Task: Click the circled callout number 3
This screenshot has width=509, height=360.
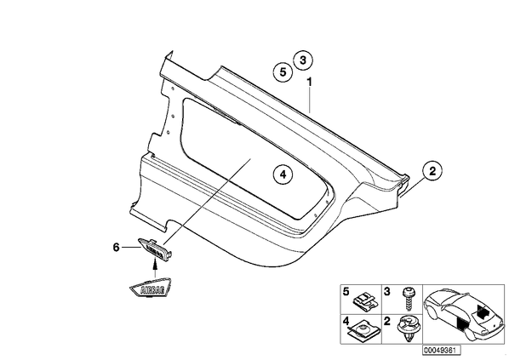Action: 302,60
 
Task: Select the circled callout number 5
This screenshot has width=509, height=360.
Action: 283,72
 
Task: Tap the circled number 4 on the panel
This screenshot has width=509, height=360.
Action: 283,174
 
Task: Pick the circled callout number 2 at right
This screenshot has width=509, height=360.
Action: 432,171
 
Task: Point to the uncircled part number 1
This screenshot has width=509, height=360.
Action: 309,82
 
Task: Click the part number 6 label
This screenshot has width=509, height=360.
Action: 117,248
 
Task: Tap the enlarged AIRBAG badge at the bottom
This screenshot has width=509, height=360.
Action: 151,288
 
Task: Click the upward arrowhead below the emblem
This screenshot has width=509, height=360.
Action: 155,265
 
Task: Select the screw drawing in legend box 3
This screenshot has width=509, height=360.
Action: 407,299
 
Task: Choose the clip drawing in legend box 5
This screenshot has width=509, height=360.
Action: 365,301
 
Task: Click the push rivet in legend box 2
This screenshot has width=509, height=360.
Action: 408,329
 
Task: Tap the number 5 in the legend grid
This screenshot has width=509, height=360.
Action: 346,292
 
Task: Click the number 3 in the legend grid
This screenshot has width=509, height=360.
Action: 387,292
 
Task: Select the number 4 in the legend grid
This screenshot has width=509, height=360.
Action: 346,322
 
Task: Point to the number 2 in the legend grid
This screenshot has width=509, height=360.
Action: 387,322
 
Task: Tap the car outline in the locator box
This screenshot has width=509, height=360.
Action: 463,314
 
